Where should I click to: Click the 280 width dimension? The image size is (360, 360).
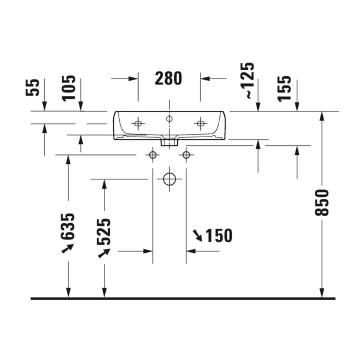click(168, 78)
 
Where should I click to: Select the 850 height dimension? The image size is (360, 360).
click(322, 202)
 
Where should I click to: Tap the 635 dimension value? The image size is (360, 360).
click(67, 226)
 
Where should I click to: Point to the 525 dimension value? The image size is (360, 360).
click(104, 232)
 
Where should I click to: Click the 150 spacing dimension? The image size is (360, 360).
click(218, 235)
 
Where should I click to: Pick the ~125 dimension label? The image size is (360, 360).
click(247, 80)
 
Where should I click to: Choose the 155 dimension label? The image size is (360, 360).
click(284, 88)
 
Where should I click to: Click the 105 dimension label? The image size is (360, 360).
click(68, 88)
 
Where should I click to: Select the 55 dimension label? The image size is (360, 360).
click(32, 87)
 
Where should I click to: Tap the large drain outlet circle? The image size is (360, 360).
click(169, 179)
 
